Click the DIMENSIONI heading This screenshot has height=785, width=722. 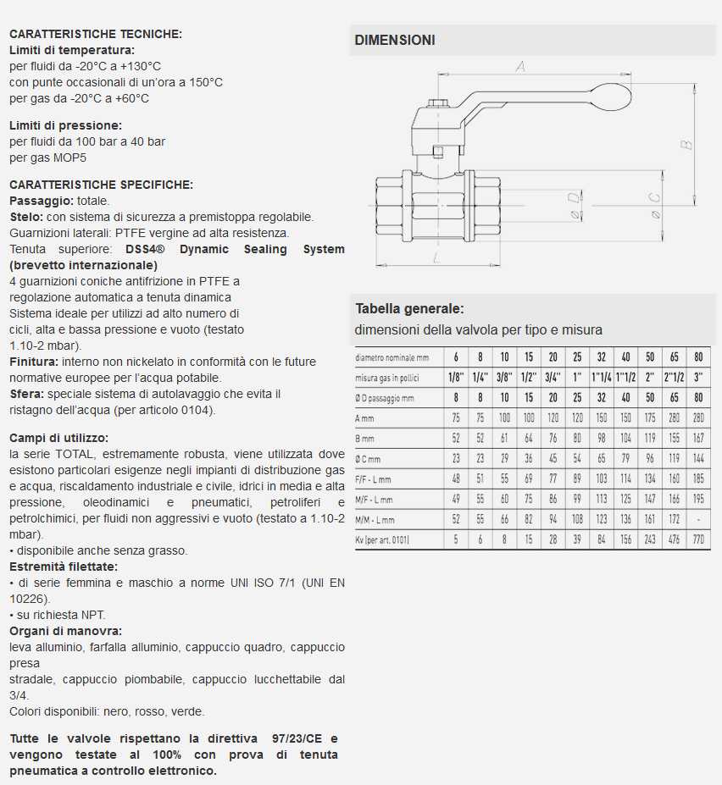pyautogui.click(x=395, y=40)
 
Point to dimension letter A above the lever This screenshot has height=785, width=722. pyautogui.click(x=521, y=66)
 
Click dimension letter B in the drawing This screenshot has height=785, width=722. pyautogui.click(x=687, y=144)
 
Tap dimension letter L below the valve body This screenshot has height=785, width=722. pyautogui.click(x=435, y=258)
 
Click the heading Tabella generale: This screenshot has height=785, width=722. pyautogui.click(x=409, y=309)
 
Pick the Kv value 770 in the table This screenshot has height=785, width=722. pyautogui.click(x=698, y=539)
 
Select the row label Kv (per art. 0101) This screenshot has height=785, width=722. pyautogui.click(x=382, y=539)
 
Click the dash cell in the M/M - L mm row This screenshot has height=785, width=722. pyautogui.click(x=698, y=519)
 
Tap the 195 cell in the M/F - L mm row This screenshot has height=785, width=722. pyautogui.click(x=698, y=500)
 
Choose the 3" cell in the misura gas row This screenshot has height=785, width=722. pyautogui.click(x=698, y=377)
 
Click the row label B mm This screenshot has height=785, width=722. pyautogui.click(x=366, y=438)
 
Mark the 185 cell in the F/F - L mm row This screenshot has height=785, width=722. pyautogui.click(x=698, y=478)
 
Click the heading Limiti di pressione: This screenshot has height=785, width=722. pyautogui.click(x=66, y=125)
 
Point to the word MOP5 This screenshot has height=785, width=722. pyautogui.click(x=71, y=157)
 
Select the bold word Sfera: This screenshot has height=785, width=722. pyautogui.click(x=26, y=394)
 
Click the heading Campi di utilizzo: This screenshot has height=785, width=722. pyautogui.click(x=58, y=438)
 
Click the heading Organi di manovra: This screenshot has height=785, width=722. pyautogui.click(x=65, y=631)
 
